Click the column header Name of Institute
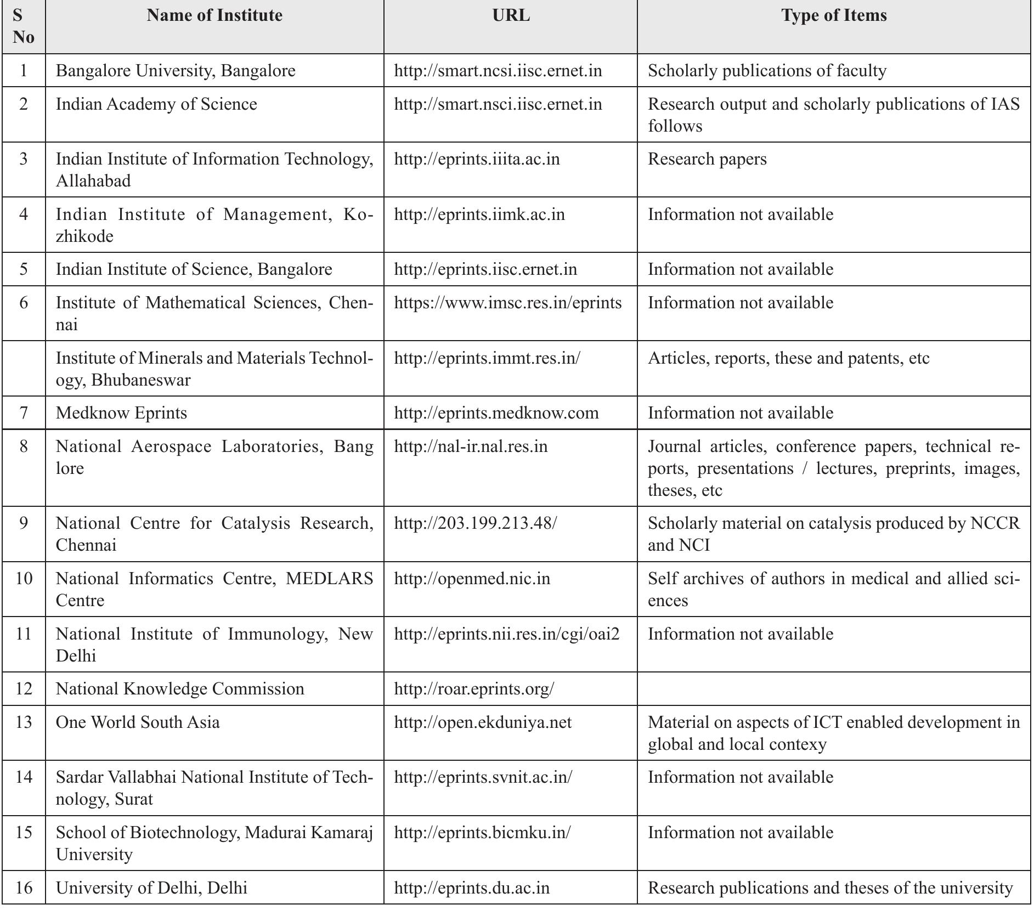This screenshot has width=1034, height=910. [x=214, y=15]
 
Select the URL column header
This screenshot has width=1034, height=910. [x=511, y=15]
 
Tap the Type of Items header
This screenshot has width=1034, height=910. [x=834, y=15]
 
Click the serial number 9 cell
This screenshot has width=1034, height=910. [x=24, y=523]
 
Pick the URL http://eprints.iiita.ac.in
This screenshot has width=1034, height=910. [x=477, y=159]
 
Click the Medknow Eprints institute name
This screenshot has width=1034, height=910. [x=121, y=413]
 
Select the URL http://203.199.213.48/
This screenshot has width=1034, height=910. [x=475, y=523]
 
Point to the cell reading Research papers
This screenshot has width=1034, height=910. [x=707, y=159]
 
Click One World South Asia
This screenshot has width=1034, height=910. [x=138, y=722]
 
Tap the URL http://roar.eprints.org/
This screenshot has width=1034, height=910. [x=474, y=689]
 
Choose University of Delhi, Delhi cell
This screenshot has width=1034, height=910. [x=151, y=888]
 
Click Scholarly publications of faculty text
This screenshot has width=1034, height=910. [x=767, y=71]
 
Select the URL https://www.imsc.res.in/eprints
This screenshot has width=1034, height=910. [x=508, y=303]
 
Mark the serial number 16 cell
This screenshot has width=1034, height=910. [x=24, y=888]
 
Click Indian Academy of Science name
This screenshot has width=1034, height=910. [x=156, y=104]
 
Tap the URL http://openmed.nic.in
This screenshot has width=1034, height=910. [x=472, y=579]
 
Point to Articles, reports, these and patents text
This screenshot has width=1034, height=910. [x=788, y=358]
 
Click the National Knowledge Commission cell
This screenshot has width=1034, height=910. [x=180, y=689]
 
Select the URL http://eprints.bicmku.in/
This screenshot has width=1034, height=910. [x=482, y=833]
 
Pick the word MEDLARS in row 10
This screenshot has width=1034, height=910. [x=329, y=579]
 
